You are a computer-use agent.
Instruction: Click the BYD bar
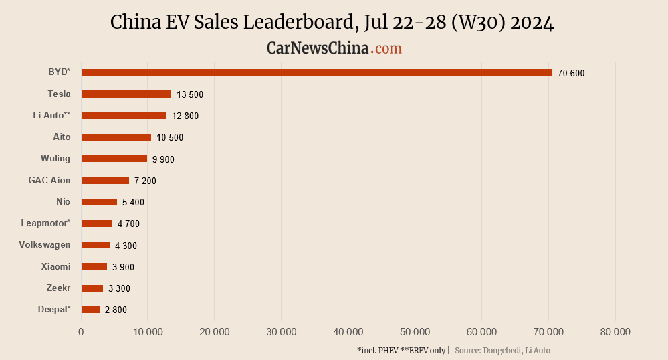(x=316, y=72)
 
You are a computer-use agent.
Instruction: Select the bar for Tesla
(x=126, y=94)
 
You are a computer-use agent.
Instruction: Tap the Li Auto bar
(x=124, y=116)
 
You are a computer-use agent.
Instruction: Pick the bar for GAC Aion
(x=105, y=181)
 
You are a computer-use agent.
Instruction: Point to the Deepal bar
(x=90, y=310)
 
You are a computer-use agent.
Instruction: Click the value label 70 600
(x=571, y=73)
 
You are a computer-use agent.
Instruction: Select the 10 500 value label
(x=170, y=138)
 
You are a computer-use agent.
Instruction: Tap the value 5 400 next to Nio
(x=133, y=202)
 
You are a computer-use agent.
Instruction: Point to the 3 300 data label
(x=119, y=288)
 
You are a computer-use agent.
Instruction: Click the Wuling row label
(x=55, y=159)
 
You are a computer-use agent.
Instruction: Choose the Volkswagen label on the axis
(x=45, y=245)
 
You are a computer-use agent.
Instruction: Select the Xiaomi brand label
(x=55, y=266)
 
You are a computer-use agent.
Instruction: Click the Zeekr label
(x=59, y=288)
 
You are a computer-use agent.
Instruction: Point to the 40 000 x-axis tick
(x=348, y=332)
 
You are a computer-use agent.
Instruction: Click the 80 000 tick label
(x=615, y=332)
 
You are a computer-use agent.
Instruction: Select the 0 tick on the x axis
(x=81, y=332)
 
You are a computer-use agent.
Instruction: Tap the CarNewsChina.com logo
(x=334, y=48)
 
